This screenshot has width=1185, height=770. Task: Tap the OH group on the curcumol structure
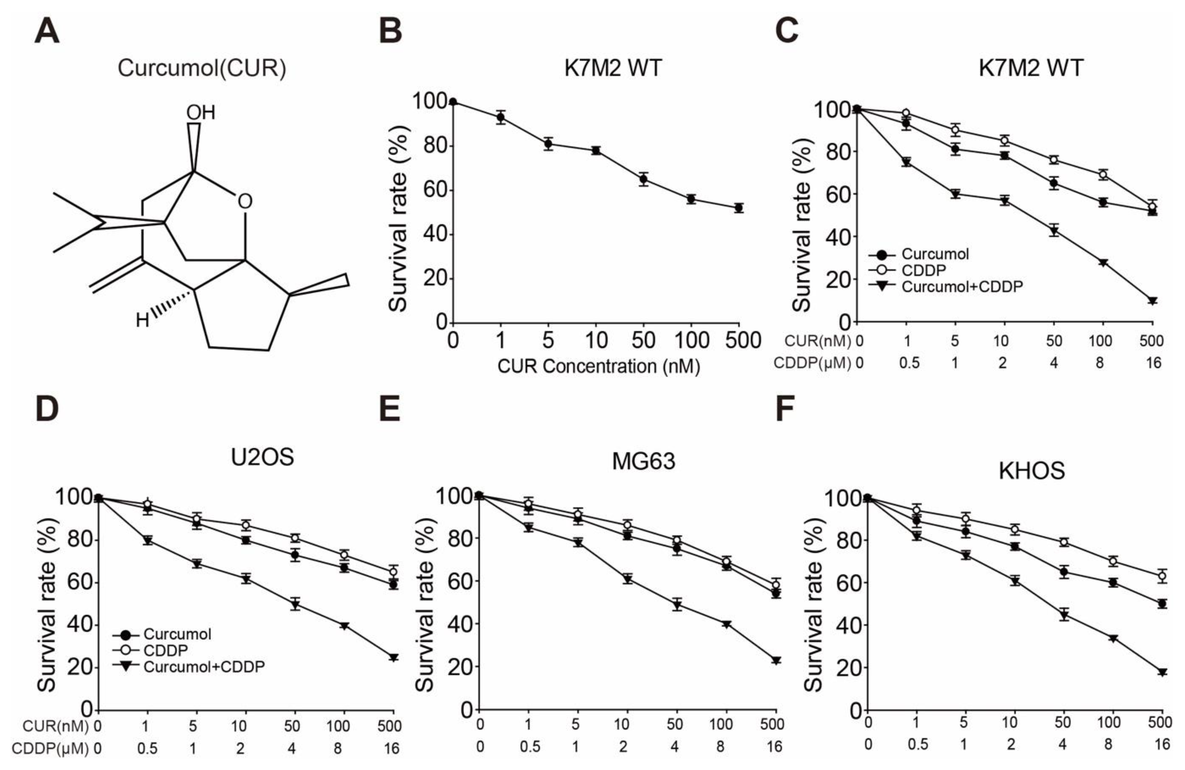pos(201,113)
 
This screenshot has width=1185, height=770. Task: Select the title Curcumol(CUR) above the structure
pos(202,68)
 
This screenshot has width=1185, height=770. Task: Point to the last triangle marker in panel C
pos(1152,301)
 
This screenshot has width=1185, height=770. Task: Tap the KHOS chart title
pos(1032,471)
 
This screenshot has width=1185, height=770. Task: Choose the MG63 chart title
pos(643,461)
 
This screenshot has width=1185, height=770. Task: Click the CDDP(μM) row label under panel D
pos(50,749)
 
